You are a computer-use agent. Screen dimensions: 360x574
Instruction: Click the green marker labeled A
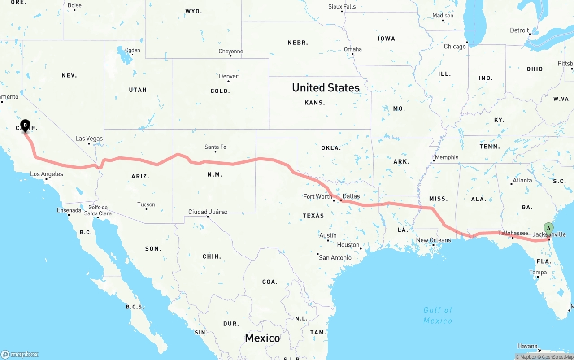[548, 228]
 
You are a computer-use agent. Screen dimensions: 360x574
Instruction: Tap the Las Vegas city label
[89, 139]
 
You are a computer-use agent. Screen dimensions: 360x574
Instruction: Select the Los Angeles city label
[47, 174]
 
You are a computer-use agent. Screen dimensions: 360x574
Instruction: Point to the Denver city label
[228, 76]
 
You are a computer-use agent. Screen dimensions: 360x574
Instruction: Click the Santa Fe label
[215, 147]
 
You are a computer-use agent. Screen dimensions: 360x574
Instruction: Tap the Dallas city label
[351, 196]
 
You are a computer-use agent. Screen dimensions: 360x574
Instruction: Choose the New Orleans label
[433, 240]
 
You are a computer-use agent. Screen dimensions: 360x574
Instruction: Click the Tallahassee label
[513, 233]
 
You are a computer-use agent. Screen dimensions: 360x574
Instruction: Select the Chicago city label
[455, 47]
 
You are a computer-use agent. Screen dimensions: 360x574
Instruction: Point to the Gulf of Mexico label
[438, 315]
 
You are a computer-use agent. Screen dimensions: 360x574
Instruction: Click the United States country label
[326, 87]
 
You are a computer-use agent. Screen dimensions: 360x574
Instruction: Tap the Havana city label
[527, 346]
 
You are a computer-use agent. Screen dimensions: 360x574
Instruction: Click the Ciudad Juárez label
[208, 212]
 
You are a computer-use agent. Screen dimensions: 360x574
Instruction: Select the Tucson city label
[146, 204]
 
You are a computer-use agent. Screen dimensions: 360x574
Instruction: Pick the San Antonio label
[335, 257]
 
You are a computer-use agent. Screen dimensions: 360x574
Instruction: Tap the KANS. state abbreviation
[314, 103]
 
